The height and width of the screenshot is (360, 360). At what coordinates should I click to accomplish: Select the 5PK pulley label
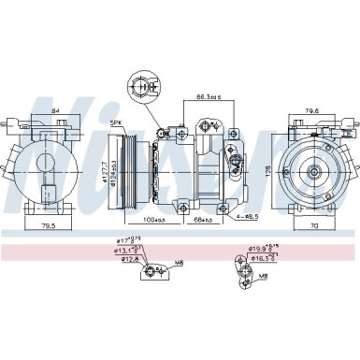[116, 123]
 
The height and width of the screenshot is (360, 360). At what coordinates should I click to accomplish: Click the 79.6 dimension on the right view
[313, 110]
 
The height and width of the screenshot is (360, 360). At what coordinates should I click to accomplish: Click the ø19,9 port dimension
[262, 249]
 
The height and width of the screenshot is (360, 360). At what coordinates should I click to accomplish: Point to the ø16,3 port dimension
[263, 259]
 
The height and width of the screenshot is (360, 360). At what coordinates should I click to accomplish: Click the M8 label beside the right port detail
[264, 276]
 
